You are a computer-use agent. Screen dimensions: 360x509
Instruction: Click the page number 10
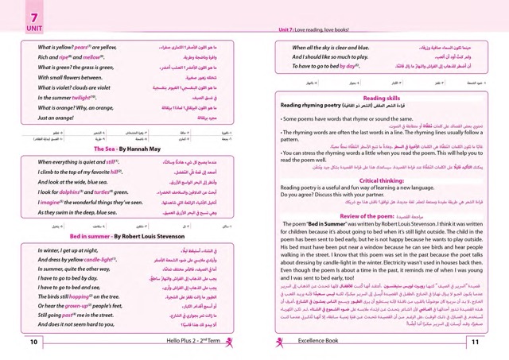tap(33, 343)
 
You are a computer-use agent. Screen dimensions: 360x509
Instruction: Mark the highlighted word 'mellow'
tap(90, 57)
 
